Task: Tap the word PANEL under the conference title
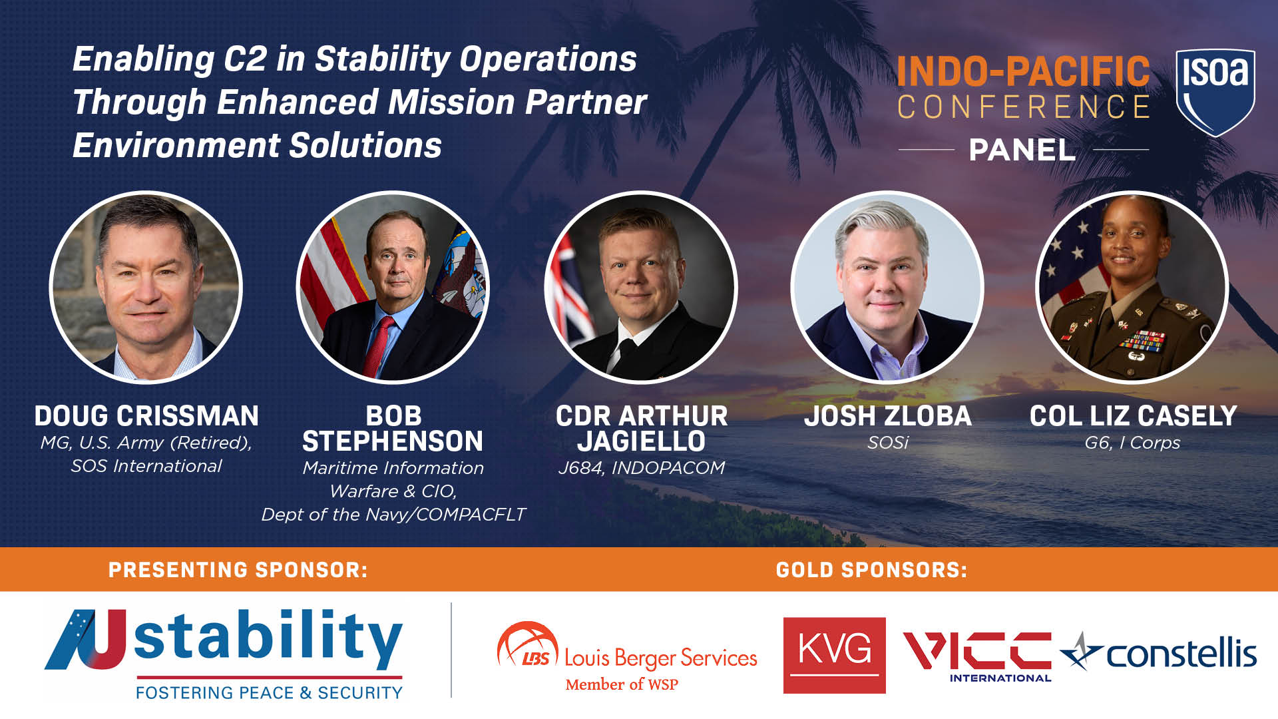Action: coord(1022,150)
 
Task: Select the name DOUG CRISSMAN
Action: coord(146,416)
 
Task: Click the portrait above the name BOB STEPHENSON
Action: coord(393,288)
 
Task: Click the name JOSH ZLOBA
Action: coord(887,416)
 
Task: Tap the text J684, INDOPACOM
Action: coord(641,468)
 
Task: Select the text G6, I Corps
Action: coord(1132,443)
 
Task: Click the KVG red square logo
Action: coord(834,655)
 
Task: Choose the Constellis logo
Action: coord(1159,653)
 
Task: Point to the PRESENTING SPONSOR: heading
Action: coord(238,570)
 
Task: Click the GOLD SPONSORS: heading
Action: coord(871,570)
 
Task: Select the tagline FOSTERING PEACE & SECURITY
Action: coord(269,693)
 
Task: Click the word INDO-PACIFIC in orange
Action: coord(1022,71)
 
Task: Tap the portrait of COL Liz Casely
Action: coord(1132,288)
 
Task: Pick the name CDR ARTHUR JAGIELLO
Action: coord(641,429)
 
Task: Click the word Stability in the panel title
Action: coord(383,59)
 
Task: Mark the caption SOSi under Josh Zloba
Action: coord(887,443)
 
